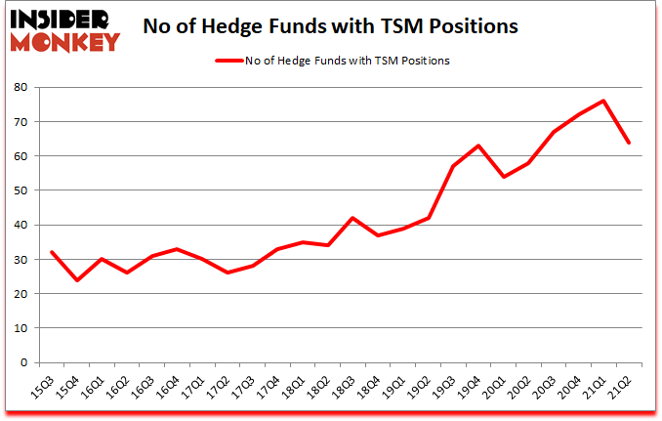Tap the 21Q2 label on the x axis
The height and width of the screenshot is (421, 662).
click(x=622, y=384)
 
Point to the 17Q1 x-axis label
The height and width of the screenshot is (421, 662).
click(x=195, y=384)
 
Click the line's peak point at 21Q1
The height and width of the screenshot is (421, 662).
click(x=603, y=101)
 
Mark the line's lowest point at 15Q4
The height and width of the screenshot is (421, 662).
click(x=76, y=279)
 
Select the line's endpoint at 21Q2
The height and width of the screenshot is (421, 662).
click(x=629, y=143)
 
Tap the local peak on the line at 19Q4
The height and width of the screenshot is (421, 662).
click(x=477, y=146)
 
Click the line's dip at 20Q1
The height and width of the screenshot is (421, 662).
click(x=503, y=177)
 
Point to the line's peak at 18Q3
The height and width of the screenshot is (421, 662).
click(x=352, y=218)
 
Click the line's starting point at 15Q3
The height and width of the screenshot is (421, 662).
click(x=51, y=252)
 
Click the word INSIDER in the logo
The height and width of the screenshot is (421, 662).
click(x=63, y=20)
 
